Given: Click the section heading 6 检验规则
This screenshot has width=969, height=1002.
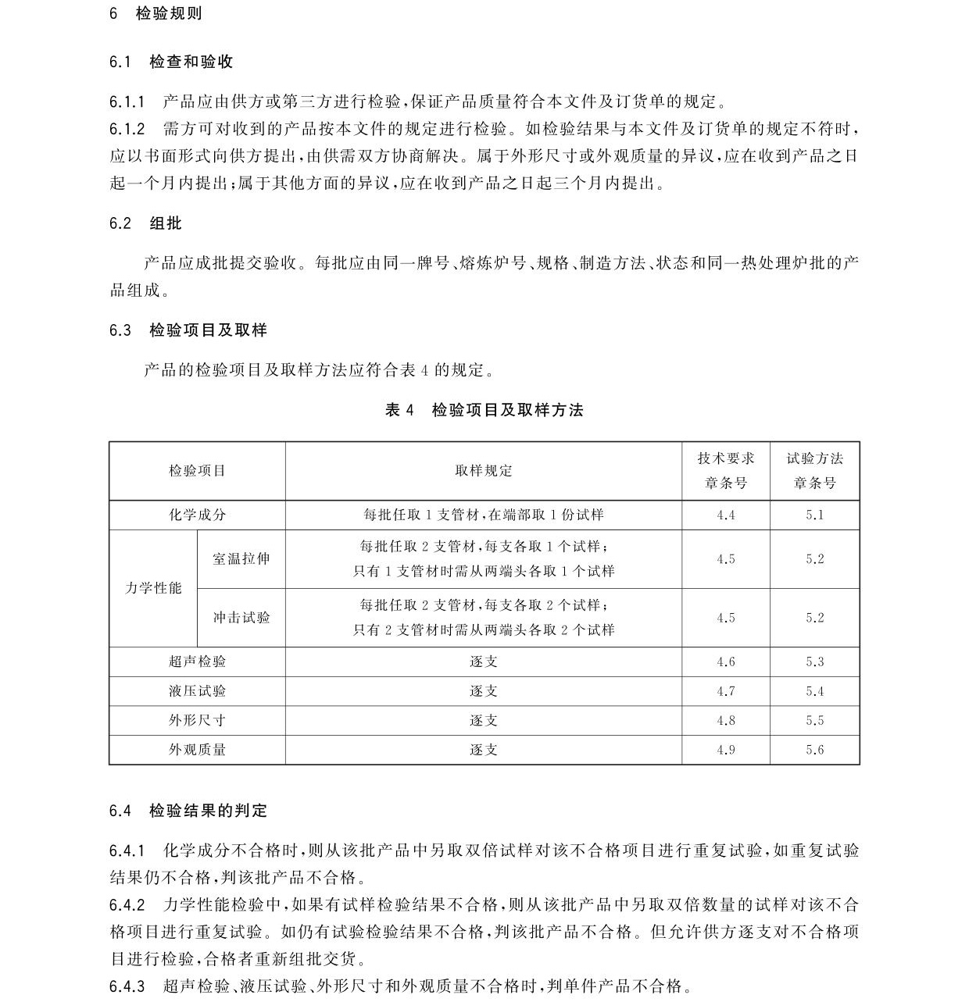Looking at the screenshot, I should pyautogui.click(x=156, y=13).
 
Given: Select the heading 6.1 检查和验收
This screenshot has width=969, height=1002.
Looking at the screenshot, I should pyautogui.click(x=171, y=62).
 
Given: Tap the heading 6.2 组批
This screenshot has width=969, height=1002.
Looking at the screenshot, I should pyautogui.click(x=145, y=223).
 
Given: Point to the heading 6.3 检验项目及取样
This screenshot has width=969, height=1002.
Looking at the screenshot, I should pyautogui.click(x=188, y=330).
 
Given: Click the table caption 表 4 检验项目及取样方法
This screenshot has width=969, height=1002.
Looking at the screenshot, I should pyautogui.click(x=484, y=410).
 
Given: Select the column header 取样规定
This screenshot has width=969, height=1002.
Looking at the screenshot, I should pyautogui.click(x=484, y=471).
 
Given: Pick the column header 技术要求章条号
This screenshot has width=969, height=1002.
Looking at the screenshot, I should pyautogui.click(x=726, y=471).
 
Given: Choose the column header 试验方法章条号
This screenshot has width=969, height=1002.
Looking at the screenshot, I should pyautogui.click(x=814, y=471).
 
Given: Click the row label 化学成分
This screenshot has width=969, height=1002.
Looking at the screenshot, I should pyautogui.click(x=197, y=515).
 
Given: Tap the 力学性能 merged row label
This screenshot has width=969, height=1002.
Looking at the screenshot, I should pyautogui.click(x=153, y=588).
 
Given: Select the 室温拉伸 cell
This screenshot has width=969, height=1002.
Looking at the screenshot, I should pyautogui.click(x=241, y=559).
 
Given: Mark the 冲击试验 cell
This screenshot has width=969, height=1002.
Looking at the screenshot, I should pyautogui.click(x=241, y=618).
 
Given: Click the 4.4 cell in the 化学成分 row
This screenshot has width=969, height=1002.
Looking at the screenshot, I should pyautogui.click(x=726, y=515).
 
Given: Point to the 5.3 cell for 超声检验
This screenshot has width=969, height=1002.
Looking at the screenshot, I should pyautogui.click(x=814, y=662).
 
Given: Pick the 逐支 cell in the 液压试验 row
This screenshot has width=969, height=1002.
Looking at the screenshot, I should pyautogui.click(x=484, y=691).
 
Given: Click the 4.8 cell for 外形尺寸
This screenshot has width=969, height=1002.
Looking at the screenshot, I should pyautogui.click(x=726, y=721).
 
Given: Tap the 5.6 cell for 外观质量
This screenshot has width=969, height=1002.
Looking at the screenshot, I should pyautogui.click(x=814, y=750).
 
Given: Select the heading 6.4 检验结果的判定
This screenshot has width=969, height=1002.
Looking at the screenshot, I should pyautogui.click(x=188, y=811).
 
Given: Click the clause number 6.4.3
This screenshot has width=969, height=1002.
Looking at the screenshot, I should pyautogui.click(x=127, y=986).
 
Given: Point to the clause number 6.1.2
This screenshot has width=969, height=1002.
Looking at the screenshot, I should pyautogui.click(x=127, y=129).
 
